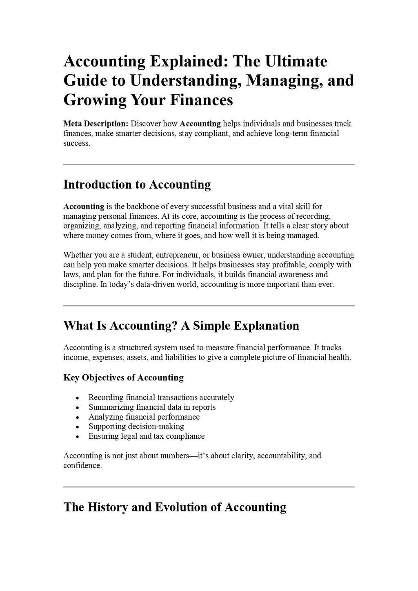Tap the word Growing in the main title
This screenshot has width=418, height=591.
point(95,100)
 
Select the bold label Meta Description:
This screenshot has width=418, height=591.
point(96,124)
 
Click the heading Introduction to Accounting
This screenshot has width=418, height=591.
point(137,184)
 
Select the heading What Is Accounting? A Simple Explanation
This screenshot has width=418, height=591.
point(181,326)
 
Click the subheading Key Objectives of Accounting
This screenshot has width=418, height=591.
point(123,378)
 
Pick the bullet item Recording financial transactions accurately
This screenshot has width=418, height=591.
point(161,398)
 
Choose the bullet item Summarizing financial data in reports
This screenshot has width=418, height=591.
point(152,407)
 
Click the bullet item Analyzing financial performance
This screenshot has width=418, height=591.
point(144,417)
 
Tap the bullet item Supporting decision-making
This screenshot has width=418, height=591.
point(136,427)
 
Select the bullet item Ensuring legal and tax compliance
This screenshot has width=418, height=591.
point(147,436)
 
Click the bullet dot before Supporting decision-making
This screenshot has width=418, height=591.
point(78,427)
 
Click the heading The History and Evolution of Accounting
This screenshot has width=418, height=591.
point(175,507)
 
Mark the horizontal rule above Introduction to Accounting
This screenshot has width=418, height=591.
point(209,164)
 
